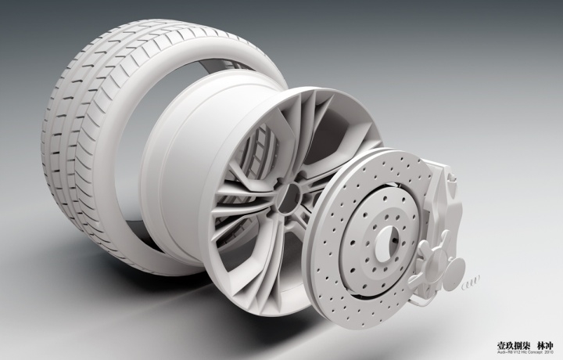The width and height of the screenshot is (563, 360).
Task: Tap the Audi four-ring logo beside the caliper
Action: tap(466, 283)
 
